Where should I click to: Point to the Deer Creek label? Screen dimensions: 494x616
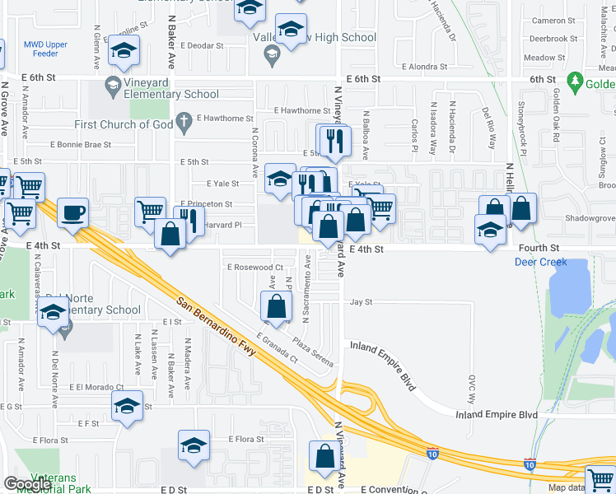[x=540, y=262]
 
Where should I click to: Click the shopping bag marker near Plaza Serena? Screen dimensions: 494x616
[x=277, y=307]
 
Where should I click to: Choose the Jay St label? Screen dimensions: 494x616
[x=362, y=302]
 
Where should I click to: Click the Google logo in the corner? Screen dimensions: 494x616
[x=28, y=483]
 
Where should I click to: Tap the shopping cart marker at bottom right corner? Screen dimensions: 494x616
[x=600, y=480]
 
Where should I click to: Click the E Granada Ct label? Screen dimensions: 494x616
[x=276, y=348]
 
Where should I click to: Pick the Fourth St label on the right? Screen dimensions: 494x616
[x=539, y=247]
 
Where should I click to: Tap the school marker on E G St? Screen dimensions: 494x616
[x=127, y=406]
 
